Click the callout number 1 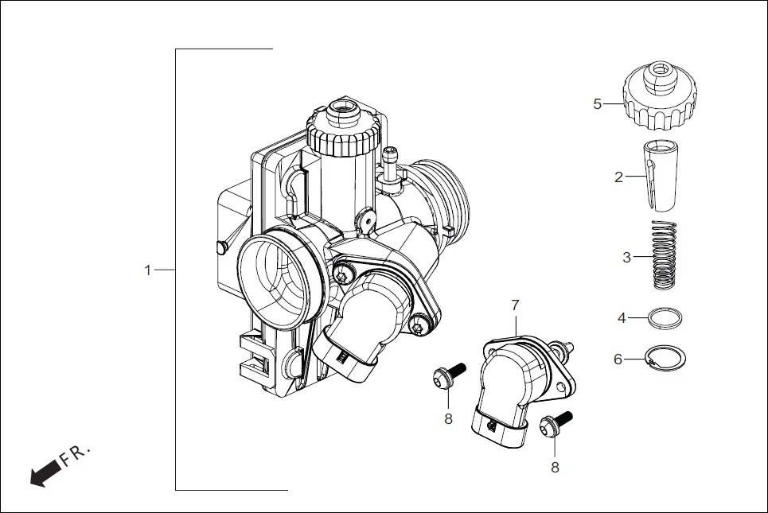click(x=147, y=270)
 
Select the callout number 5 click(x=598, y=104)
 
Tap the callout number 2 click(x=618, y=177)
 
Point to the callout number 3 click(x=627, y=258)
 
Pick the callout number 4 click(x=622, y=318)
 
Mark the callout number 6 click(x=618, y=359)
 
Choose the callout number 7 click(x=515, y=305)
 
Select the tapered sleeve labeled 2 click(x=658, y=175)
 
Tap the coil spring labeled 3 click(x=664, y=255)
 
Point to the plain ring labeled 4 click(x=663, y=319)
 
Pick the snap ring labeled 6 click(x=665, y=359)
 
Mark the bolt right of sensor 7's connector click(x=554, y=425)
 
